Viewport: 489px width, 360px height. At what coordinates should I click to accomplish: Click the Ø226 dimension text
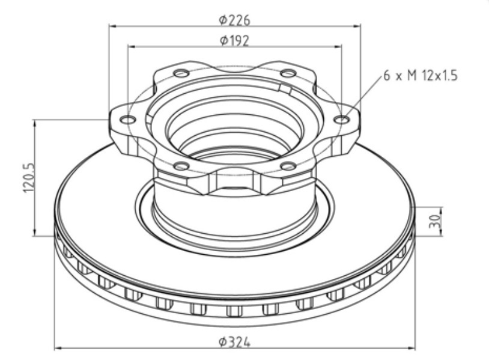234,20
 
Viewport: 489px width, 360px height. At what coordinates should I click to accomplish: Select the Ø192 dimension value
234,40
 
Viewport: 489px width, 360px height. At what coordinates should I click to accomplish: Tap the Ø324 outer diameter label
234,341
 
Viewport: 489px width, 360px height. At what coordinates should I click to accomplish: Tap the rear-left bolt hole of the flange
181,73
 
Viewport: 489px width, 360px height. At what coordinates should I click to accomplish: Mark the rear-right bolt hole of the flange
288,73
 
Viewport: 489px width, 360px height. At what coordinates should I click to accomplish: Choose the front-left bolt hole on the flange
181,166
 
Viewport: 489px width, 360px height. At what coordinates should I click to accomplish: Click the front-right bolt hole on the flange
288,166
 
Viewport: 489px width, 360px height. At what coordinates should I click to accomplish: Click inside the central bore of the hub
234,129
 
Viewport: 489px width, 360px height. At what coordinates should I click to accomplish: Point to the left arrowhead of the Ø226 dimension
112,26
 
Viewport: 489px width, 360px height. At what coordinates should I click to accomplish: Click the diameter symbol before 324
222,341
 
